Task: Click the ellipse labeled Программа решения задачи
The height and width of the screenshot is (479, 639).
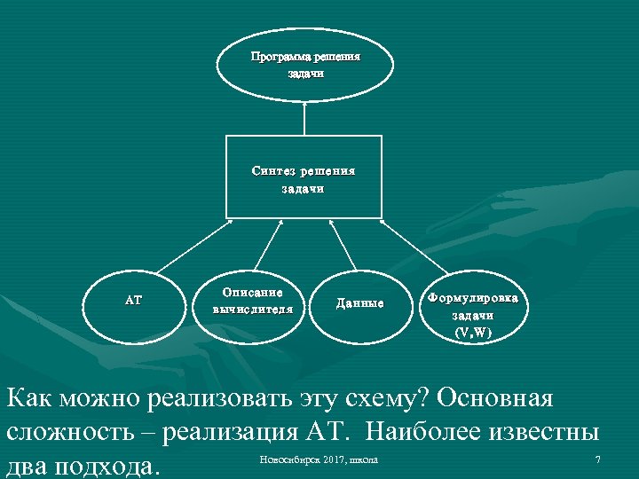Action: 305,66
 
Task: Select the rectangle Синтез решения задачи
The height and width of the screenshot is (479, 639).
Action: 304,177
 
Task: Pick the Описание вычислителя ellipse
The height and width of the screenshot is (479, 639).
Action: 253,302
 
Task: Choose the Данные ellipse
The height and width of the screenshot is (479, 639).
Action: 359,303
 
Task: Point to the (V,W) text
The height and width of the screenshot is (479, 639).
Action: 473,333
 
